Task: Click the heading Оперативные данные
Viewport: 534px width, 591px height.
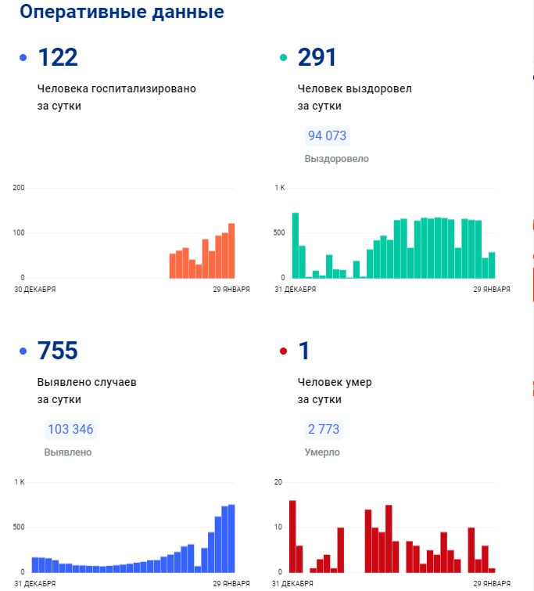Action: (x=121, y=13)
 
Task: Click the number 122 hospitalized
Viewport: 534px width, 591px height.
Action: (x=58, y=57)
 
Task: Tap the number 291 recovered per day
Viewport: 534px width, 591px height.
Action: (x=317, y=57)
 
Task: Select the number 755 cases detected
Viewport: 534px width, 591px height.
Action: (x=58, y=351)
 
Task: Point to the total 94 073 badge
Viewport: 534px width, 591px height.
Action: (x=327, y=135)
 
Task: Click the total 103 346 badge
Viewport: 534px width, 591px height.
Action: (x=70, y=429)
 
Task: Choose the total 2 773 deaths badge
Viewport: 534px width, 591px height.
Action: (x=323, y=429)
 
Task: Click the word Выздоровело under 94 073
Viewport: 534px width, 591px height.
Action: (x=336, y=159)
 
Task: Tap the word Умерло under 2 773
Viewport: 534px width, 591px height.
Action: (x=322, y=452)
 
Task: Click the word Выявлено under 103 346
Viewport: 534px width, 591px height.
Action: (x=68, y=452)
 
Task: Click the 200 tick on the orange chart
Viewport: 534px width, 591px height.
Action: (x=19, y=188)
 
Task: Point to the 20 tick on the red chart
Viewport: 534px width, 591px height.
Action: (x=278, y=481)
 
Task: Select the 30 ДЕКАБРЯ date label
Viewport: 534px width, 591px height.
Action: (x=34, y=289)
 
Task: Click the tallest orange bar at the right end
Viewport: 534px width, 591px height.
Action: (x=231, y=250)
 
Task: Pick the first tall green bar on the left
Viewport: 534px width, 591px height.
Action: (x=296, y=245)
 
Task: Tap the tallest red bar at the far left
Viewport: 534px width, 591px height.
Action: (x=292, y=536)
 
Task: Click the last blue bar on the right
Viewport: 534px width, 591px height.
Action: (x=231, y=539)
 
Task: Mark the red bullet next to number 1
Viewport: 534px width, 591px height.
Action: (x=283, y=351)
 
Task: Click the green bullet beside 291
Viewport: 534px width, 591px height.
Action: (x=283, y=58)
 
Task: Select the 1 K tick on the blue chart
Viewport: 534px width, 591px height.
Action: (x=20, y=481)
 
